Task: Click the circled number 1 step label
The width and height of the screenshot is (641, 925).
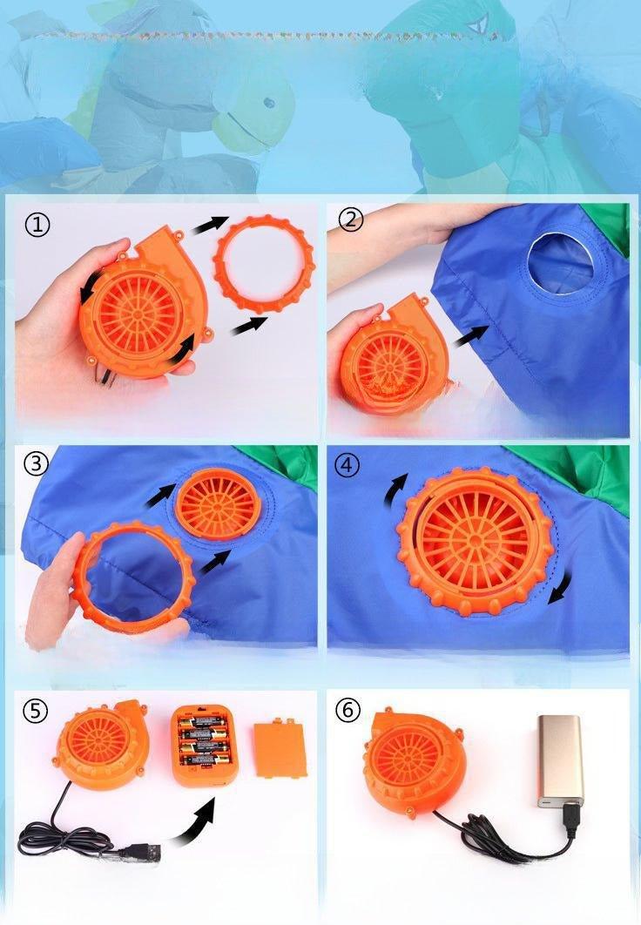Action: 37,225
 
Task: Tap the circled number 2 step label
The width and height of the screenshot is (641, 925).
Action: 351,219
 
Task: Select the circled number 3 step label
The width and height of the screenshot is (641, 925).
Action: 36,463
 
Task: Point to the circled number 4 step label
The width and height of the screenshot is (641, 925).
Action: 347,465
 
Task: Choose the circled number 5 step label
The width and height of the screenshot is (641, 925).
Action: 36,710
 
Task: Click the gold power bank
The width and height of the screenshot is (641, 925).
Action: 560,760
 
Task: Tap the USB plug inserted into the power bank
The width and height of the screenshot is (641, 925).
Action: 570,819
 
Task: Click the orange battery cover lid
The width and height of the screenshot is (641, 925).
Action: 279,746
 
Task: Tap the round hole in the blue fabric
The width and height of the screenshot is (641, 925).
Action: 560,262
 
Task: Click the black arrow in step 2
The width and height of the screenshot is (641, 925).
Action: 470,338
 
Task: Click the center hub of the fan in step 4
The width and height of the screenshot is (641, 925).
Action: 476,538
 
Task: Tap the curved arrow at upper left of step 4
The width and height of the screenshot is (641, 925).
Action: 395,491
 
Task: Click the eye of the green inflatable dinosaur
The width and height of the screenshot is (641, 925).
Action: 269,103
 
